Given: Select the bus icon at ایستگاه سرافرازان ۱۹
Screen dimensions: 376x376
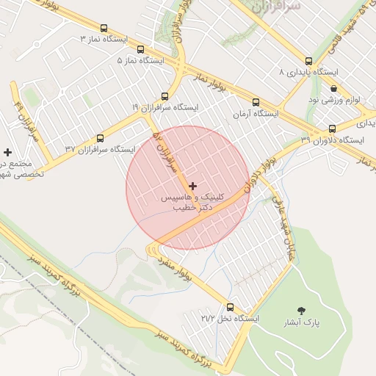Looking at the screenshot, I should (164, 96).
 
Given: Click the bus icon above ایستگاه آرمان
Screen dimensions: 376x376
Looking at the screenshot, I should (256, 102).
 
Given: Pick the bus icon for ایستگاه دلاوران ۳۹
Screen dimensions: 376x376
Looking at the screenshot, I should (332, 129).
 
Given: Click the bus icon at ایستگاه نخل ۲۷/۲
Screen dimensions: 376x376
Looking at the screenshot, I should (231, 308).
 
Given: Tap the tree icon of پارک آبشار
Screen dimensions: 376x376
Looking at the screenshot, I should (301, 310).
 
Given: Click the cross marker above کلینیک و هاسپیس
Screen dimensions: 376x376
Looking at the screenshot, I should (192, 187).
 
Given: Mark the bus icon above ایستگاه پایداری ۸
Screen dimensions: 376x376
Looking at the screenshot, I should (308, 62).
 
